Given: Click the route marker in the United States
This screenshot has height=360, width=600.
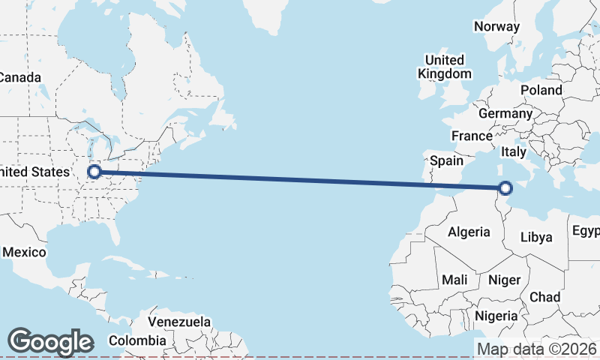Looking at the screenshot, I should (94, 172).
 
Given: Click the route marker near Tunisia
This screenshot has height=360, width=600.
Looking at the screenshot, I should (505, 188).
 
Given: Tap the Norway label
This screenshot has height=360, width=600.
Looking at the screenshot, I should (496, 26).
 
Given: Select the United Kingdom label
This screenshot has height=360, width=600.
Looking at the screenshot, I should (445, 67).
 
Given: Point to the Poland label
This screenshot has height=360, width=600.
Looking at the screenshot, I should (541, 90).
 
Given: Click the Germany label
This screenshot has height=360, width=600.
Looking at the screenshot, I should (505, 114).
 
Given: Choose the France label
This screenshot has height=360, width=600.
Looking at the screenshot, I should (471, 136).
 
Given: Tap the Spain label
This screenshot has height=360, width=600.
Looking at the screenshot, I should (447, 160).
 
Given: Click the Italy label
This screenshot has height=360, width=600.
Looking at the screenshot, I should (514, 151).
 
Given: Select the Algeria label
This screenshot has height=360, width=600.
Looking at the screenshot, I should (469, 232).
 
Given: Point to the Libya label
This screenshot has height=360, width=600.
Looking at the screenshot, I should (536, 237).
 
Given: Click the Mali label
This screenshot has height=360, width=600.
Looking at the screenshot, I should (454, 280).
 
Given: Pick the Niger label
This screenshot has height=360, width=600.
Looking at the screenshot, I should (504, 280).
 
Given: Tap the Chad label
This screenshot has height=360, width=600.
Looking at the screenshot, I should (544, 297).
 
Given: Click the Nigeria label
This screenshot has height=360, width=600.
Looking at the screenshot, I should (497, 315).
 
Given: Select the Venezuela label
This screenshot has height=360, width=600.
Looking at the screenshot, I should (178, 322).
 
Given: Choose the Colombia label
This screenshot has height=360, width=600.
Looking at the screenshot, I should (137, 340).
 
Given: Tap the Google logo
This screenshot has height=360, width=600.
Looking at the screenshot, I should (50, 342).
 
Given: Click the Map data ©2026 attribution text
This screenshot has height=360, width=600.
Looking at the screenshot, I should (536, 349).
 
